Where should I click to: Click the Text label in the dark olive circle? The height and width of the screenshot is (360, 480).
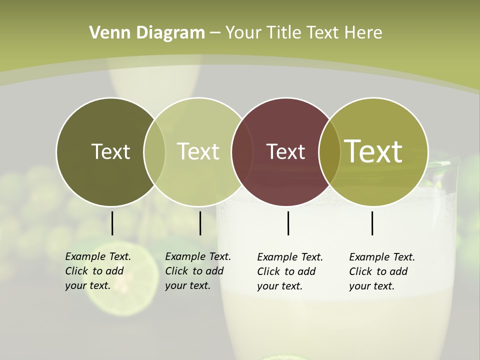point(110,151)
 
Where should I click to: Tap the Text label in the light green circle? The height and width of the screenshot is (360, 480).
point(198,151)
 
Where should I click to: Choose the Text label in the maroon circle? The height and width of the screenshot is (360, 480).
point(285,151)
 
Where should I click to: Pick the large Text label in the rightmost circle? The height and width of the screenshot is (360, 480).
point(373,151)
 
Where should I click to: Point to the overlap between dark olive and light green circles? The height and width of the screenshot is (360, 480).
point(154,151)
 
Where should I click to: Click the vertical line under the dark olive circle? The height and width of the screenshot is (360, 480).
point(112,223)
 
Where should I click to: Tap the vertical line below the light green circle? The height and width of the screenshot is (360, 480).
point(200,223)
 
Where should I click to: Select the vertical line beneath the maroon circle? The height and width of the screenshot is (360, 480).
point(288,223)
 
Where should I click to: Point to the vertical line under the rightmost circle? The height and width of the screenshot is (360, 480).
point(372,223)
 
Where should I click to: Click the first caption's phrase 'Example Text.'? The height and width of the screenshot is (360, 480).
point(98,257)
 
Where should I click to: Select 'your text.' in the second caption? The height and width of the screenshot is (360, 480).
point(187,286)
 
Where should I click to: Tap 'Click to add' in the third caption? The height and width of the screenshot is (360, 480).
point(286,271)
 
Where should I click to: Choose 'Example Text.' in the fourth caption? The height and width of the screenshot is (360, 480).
point(382,257)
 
